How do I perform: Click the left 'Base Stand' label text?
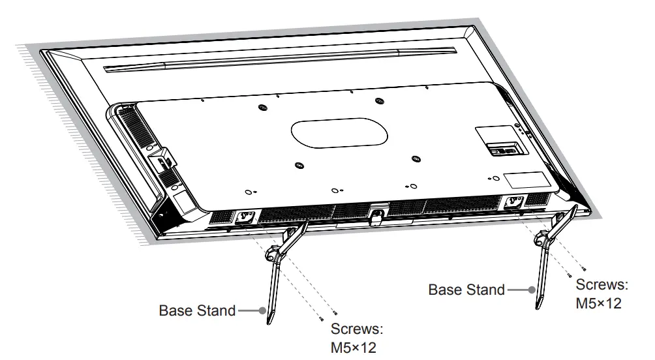pyautogui.click(x=197, y=310)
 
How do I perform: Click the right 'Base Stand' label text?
pyautogui.click(x=466, y=290)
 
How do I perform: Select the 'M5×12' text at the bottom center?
pyautogui.click(x=354, y=347)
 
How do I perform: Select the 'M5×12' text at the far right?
pyautogui.click(x=598, y=304)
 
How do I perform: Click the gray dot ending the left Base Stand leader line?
pyautogui.click(x=262, y=310)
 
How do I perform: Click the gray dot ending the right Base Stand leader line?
pyautogui.click(x=532, y=290)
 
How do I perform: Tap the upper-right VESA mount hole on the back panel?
pyautogui.click(x=380, y=101)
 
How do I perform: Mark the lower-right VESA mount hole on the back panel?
pyautogui.click(x=416, y=158)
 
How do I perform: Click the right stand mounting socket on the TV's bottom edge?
pyautogui.click(x=511, y=203)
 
